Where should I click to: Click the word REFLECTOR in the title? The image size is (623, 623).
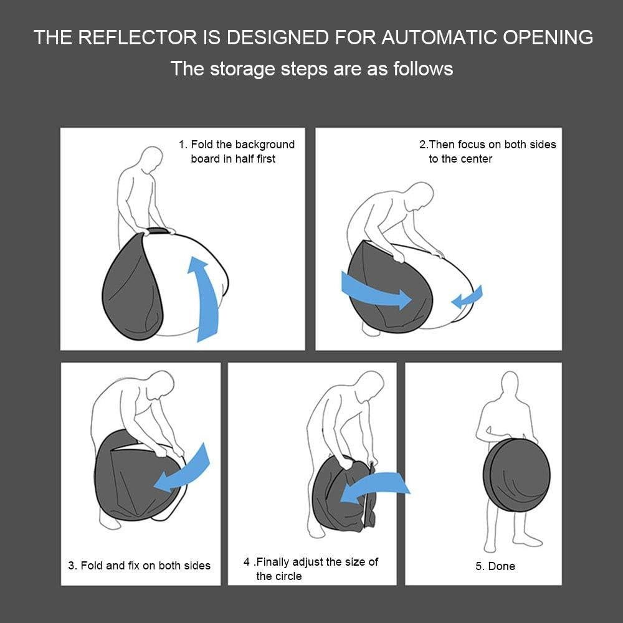137,37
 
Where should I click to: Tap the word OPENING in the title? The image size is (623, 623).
548,37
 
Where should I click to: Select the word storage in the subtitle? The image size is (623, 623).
242,69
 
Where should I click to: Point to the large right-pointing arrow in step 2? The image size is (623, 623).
376,292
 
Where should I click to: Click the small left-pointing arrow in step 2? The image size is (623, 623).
467,297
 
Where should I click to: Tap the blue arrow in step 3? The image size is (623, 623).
183,471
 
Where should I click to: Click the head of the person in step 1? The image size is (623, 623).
152,159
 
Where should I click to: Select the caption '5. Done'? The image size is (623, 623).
495,566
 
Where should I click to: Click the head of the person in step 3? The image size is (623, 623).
160,386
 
